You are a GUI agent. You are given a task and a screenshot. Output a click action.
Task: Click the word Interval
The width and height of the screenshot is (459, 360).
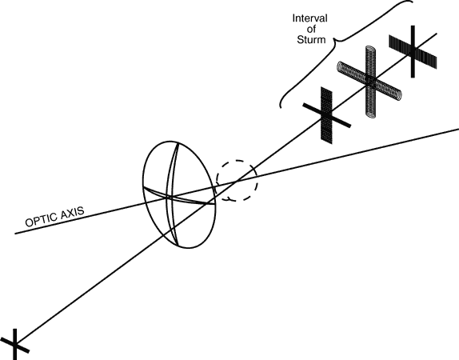pos(309,18)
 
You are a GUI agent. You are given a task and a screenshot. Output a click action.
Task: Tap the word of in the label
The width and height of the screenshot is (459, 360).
pos(311,29)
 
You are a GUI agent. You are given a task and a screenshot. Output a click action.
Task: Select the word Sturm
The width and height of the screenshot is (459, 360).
pos(311,39)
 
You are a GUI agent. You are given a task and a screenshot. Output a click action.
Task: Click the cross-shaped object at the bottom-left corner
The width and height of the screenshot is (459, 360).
pos(14,344)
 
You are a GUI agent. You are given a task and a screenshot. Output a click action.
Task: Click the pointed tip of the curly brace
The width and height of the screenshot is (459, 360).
pos(334,41)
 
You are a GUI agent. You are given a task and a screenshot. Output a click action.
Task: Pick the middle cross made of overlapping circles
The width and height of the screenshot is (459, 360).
pos(369,82)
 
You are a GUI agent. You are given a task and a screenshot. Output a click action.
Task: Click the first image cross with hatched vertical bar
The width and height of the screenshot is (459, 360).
pos(327,115)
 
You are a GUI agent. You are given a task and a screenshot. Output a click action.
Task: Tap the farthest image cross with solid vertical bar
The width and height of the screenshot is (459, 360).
pos(413,51)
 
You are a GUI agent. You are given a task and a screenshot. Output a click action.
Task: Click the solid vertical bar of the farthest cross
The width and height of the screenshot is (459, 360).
pos(413,51)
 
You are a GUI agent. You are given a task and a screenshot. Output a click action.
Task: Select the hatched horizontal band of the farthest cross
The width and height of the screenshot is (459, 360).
pos(413,52)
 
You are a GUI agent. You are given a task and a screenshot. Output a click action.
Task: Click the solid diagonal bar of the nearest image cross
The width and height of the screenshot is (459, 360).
pos(327,115)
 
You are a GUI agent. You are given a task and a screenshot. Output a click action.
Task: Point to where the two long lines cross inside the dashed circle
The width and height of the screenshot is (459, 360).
pos(236,182)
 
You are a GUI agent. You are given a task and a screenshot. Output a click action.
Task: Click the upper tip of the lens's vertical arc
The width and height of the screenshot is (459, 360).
pos(178,143)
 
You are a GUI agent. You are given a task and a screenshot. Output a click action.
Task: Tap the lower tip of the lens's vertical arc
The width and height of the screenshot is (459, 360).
pos(178,245)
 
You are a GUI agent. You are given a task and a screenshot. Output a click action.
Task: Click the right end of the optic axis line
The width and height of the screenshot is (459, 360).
pos(458,129)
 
